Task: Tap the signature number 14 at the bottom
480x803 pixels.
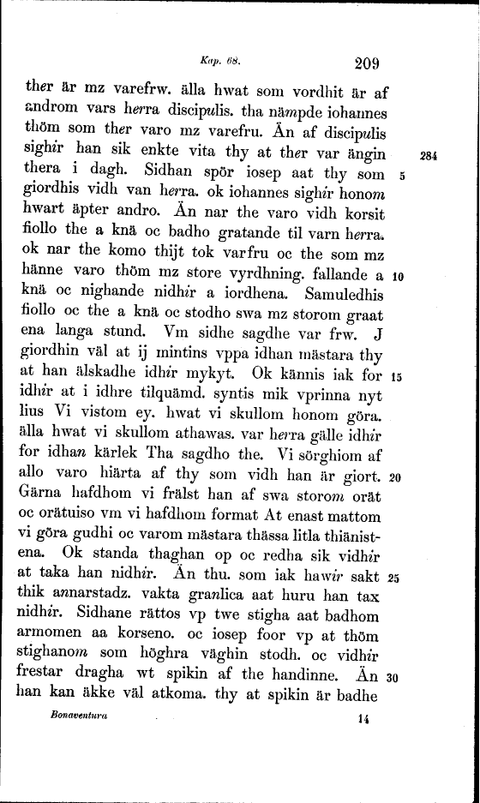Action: [363, 717]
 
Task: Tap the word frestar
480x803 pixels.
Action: [43, 676]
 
